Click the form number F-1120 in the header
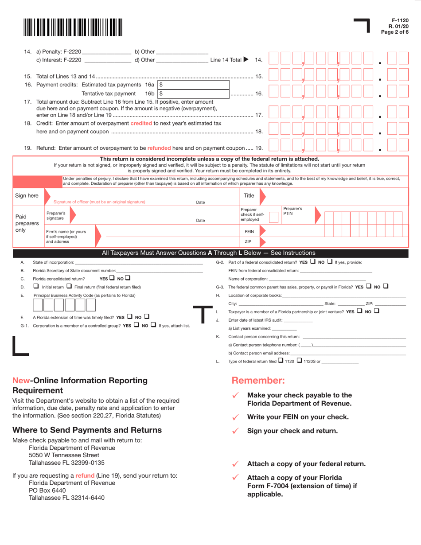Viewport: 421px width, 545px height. [400, 20]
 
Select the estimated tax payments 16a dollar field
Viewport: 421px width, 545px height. [194, 84]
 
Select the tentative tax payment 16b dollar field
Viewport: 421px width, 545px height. [194, 93]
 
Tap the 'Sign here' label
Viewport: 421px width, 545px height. [27, 195]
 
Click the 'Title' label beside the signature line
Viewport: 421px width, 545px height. [249, 195]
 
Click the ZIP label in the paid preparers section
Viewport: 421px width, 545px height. [249, 241]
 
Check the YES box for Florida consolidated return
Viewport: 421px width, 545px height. [112, 278]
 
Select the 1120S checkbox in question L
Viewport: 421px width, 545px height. [299, 361]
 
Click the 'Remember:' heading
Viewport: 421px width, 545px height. [258, 380]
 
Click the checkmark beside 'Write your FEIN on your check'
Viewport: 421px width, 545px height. [236, 417]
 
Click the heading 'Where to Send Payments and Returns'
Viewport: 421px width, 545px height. [87, 430]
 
